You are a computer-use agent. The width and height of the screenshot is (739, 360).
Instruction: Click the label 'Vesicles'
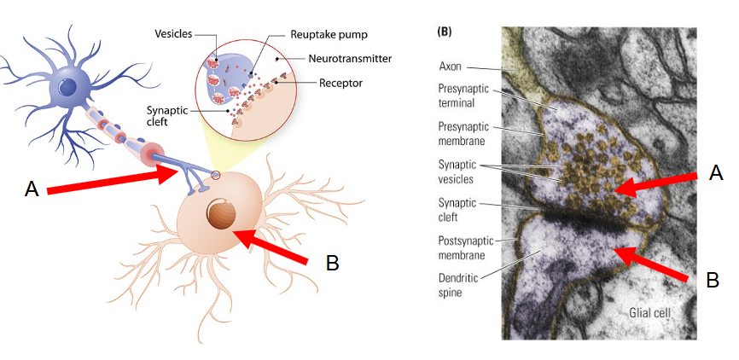173,34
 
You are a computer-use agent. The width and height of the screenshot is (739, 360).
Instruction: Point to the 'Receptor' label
340,83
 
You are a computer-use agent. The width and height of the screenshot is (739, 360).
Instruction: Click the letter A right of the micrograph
716,173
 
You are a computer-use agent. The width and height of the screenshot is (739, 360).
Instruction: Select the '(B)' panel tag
445,32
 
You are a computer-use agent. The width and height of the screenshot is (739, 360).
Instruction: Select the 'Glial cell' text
649,312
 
